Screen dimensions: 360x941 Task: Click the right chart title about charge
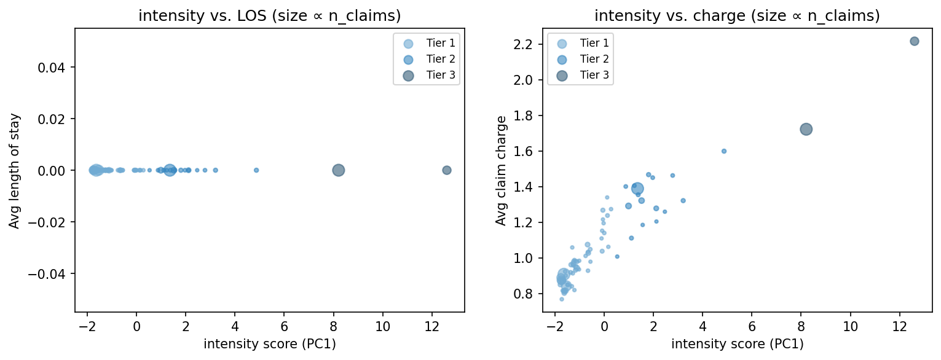click(737, 17)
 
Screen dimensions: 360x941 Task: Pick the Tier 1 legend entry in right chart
click(581, 43)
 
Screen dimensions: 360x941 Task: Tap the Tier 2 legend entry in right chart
click(581, 59)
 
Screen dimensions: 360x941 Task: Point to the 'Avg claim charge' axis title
click(502, 170)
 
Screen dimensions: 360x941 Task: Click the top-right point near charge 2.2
click(914, 41)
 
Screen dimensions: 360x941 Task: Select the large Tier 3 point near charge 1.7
click(806, 129)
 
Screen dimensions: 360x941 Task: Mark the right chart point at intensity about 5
click(724, 151)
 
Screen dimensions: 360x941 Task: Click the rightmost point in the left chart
click(447, 170)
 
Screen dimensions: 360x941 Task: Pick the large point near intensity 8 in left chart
click(338, 170)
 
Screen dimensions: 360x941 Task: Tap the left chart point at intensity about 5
click(256, 170)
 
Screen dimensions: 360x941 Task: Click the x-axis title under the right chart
click(737, 344)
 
